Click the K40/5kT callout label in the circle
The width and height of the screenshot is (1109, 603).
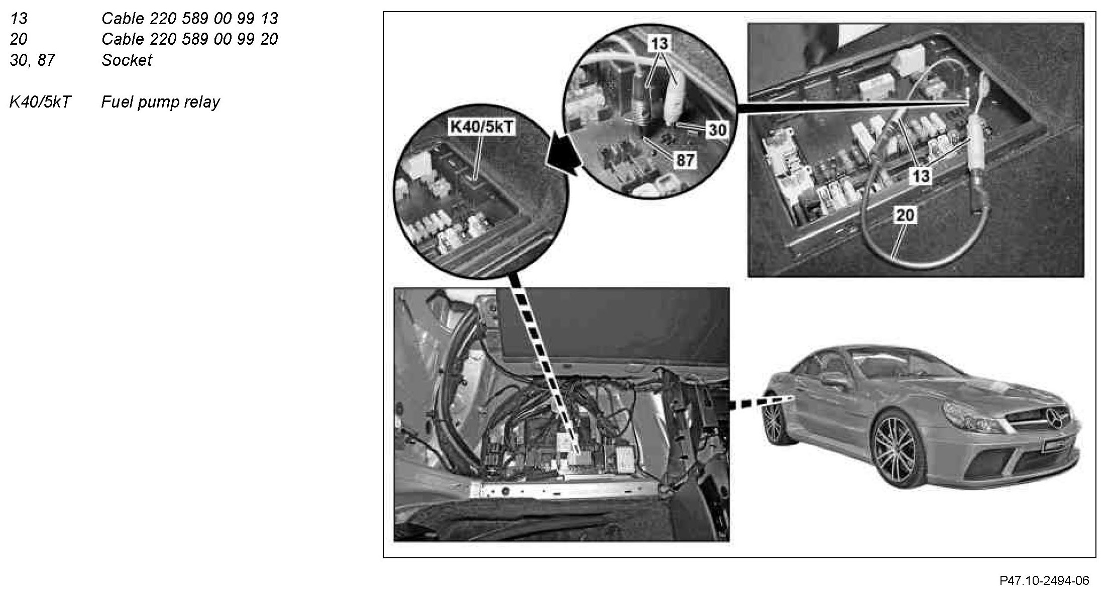coord(482,127)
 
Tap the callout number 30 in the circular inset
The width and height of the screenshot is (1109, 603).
coord(717,130)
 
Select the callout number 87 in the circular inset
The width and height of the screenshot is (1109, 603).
coord(685,160)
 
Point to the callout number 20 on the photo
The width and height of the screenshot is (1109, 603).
coord(905,216)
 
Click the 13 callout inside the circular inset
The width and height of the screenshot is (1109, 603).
coord(659,44)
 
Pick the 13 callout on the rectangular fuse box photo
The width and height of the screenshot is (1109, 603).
coord(921,176)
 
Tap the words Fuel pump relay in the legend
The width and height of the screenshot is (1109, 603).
coord(161,102)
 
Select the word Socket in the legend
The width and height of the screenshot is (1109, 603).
coord(127,60)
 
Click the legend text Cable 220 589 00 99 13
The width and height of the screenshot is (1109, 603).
coord(190,19)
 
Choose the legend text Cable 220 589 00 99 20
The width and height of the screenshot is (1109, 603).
coord(190,39)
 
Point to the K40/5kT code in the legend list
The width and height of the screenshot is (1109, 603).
coord(40,102)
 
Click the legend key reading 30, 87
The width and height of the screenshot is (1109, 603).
coord(32,61)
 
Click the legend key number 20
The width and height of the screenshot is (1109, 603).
coord(19,39)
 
